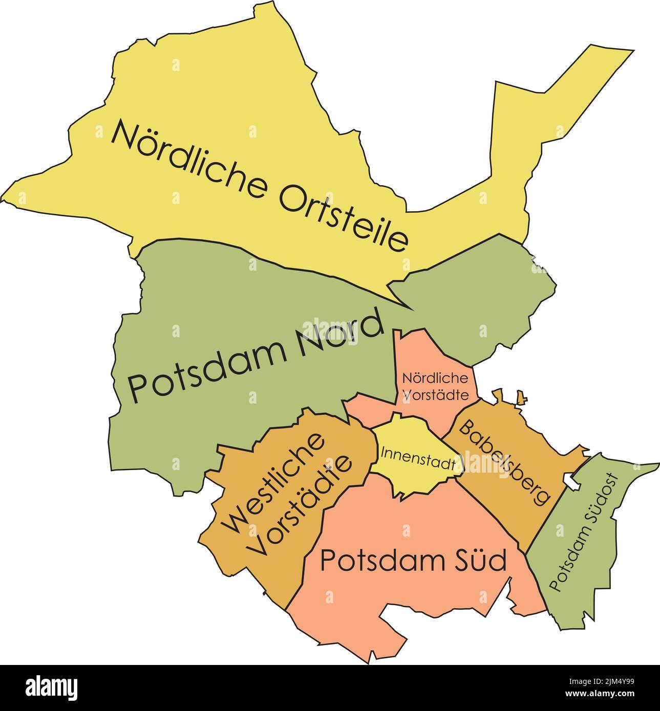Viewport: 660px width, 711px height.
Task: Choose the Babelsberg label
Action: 504,462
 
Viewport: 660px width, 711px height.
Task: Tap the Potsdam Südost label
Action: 584,532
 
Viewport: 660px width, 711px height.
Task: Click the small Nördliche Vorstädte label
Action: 435,386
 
